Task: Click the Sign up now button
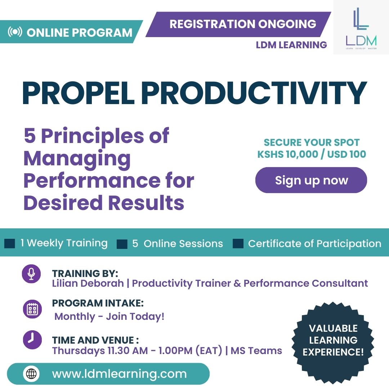pyautogui.click(x=311, y=180)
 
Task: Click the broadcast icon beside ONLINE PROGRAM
pyautogui.click(x=15, y=32)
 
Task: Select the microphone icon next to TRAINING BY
pyautogui.click(x=31, y=274)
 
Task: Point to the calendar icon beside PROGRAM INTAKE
pyautogui.click(x=32, y=309)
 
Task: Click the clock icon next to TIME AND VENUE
pyautogui.click(x=32, y=340)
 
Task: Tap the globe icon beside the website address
pyautogui.click(x=31, y=374)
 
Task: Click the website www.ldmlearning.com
pyautogui.click(x=119, y=374)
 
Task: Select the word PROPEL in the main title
pyautogui.click(x=79, y=93)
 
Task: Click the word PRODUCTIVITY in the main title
pyautogui.click(x=254, y=93)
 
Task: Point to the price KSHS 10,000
pyautogui.click(x=287, y=154)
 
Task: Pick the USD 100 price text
pyautogui.click(x=346, y=154)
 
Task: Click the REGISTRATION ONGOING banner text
pyautogui.click(x=243, y=24)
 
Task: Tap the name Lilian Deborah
pyautogui.click(x=88, y=283)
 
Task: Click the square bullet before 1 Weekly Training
pyautogui.click(x=10, y=243)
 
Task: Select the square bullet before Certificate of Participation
pyautogui.click(x=238, y=243)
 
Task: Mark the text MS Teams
pyautogui.click(x=256, y=351)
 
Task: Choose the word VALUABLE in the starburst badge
pyautogui.click(x=333, y=328)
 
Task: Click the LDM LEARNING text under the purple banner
pyautogui.click(x=291, y=45)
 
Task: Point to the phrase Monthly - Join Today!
pyautogui.click(x=109, y=317)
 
